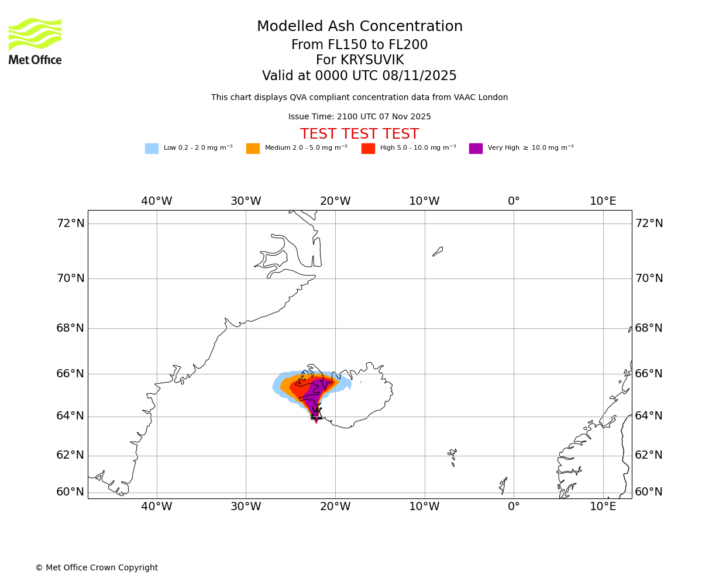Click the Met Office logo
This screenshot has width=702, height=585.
(35, 41)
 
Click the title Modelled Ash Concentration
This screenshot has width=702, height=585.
(360, 27)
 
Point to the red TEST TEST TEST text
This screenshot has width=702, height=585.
(359, 135)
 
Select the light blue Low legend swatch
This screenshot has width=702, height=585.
(152, 149)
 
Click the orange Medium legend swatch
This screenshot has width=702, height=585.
(253, 149)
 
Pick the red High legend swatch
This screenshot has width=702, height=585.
(368, 149)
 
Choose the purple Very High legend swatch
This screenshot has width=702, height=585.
(476, 149)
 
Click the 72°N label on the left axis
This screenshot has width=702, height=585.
(70, 223)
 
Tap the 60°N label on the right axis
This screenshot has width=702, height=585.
(649, 492)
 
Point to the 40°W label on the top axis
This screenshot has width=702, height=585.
(157, 201)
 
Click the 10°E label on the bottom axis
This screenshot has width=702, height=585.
(603, 506)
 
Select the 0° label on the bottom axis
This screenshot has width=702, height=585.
(514, 506)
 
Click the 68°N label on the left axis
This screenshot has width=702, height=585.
(70, 328)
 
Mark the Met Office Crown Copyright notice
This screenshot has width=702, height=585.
(97, 568)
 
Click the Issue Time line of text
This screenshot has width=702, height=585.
(359, 117)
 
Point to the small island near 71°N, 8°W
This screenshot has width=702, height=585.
(438, 252)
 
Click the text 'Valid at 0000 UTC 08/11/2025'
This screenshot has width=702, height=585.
(359, 76)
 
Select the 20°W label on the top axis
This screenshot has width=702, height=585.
(335, 201)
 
